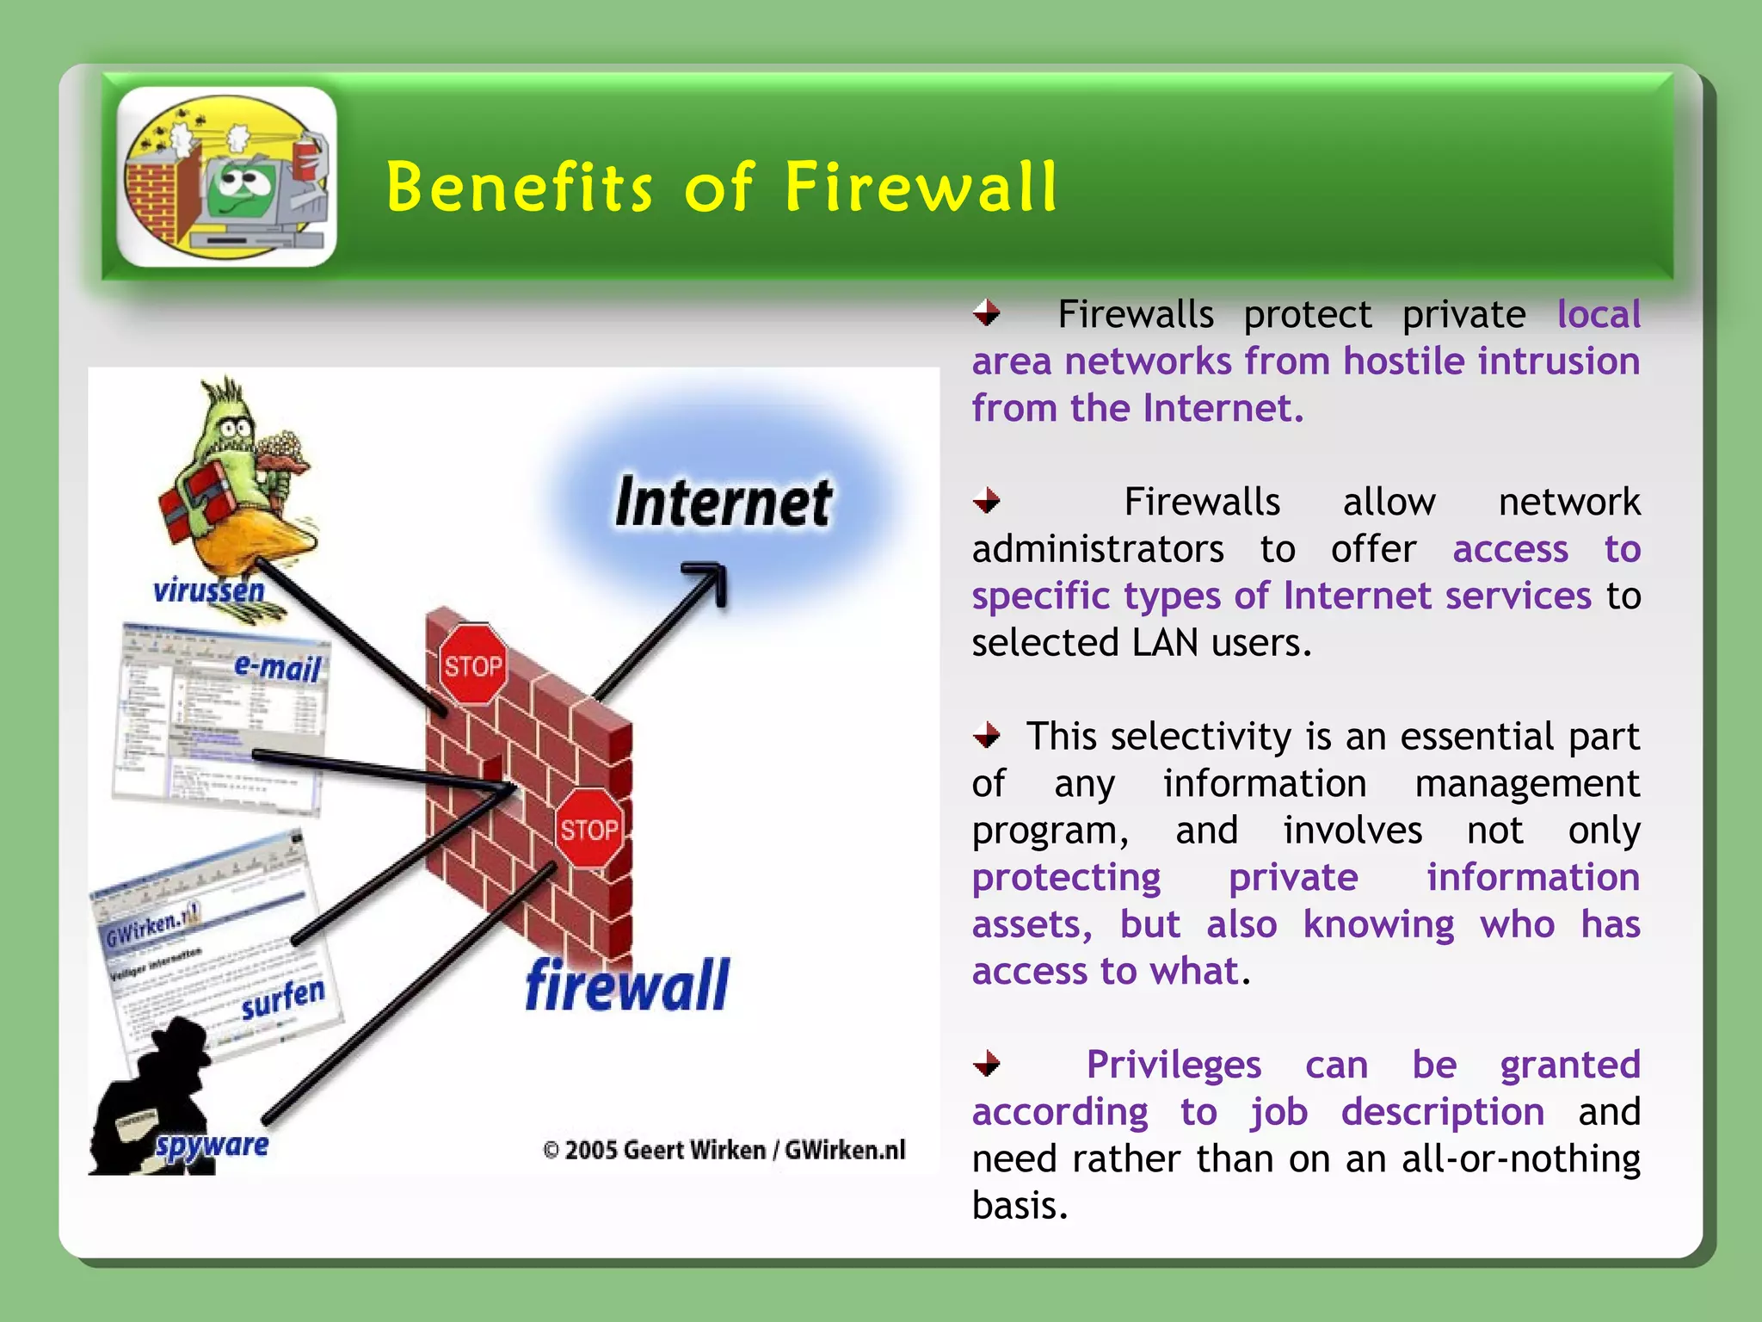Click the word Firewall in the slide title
[921, 187]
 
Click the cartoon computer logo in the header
[227, 176]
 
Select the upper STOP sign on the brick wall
[472, 665]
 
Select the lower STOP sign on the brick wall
[589, 829]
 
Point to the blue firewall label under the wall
[628, 985]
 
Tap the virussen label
[209, 591]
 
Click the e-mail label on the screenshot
[277, 667]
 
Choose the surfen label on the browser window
[283, 998]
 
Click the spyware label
[212, 1146]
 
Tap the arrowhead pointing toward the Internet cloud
[711, 578]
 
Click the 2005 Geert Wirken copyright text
[724, 1150]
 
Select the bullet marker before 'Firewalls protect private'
[987, 313]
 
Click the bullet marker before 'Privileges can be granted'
[987, 1065]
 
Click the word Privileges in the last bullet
[1174, 1065]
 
